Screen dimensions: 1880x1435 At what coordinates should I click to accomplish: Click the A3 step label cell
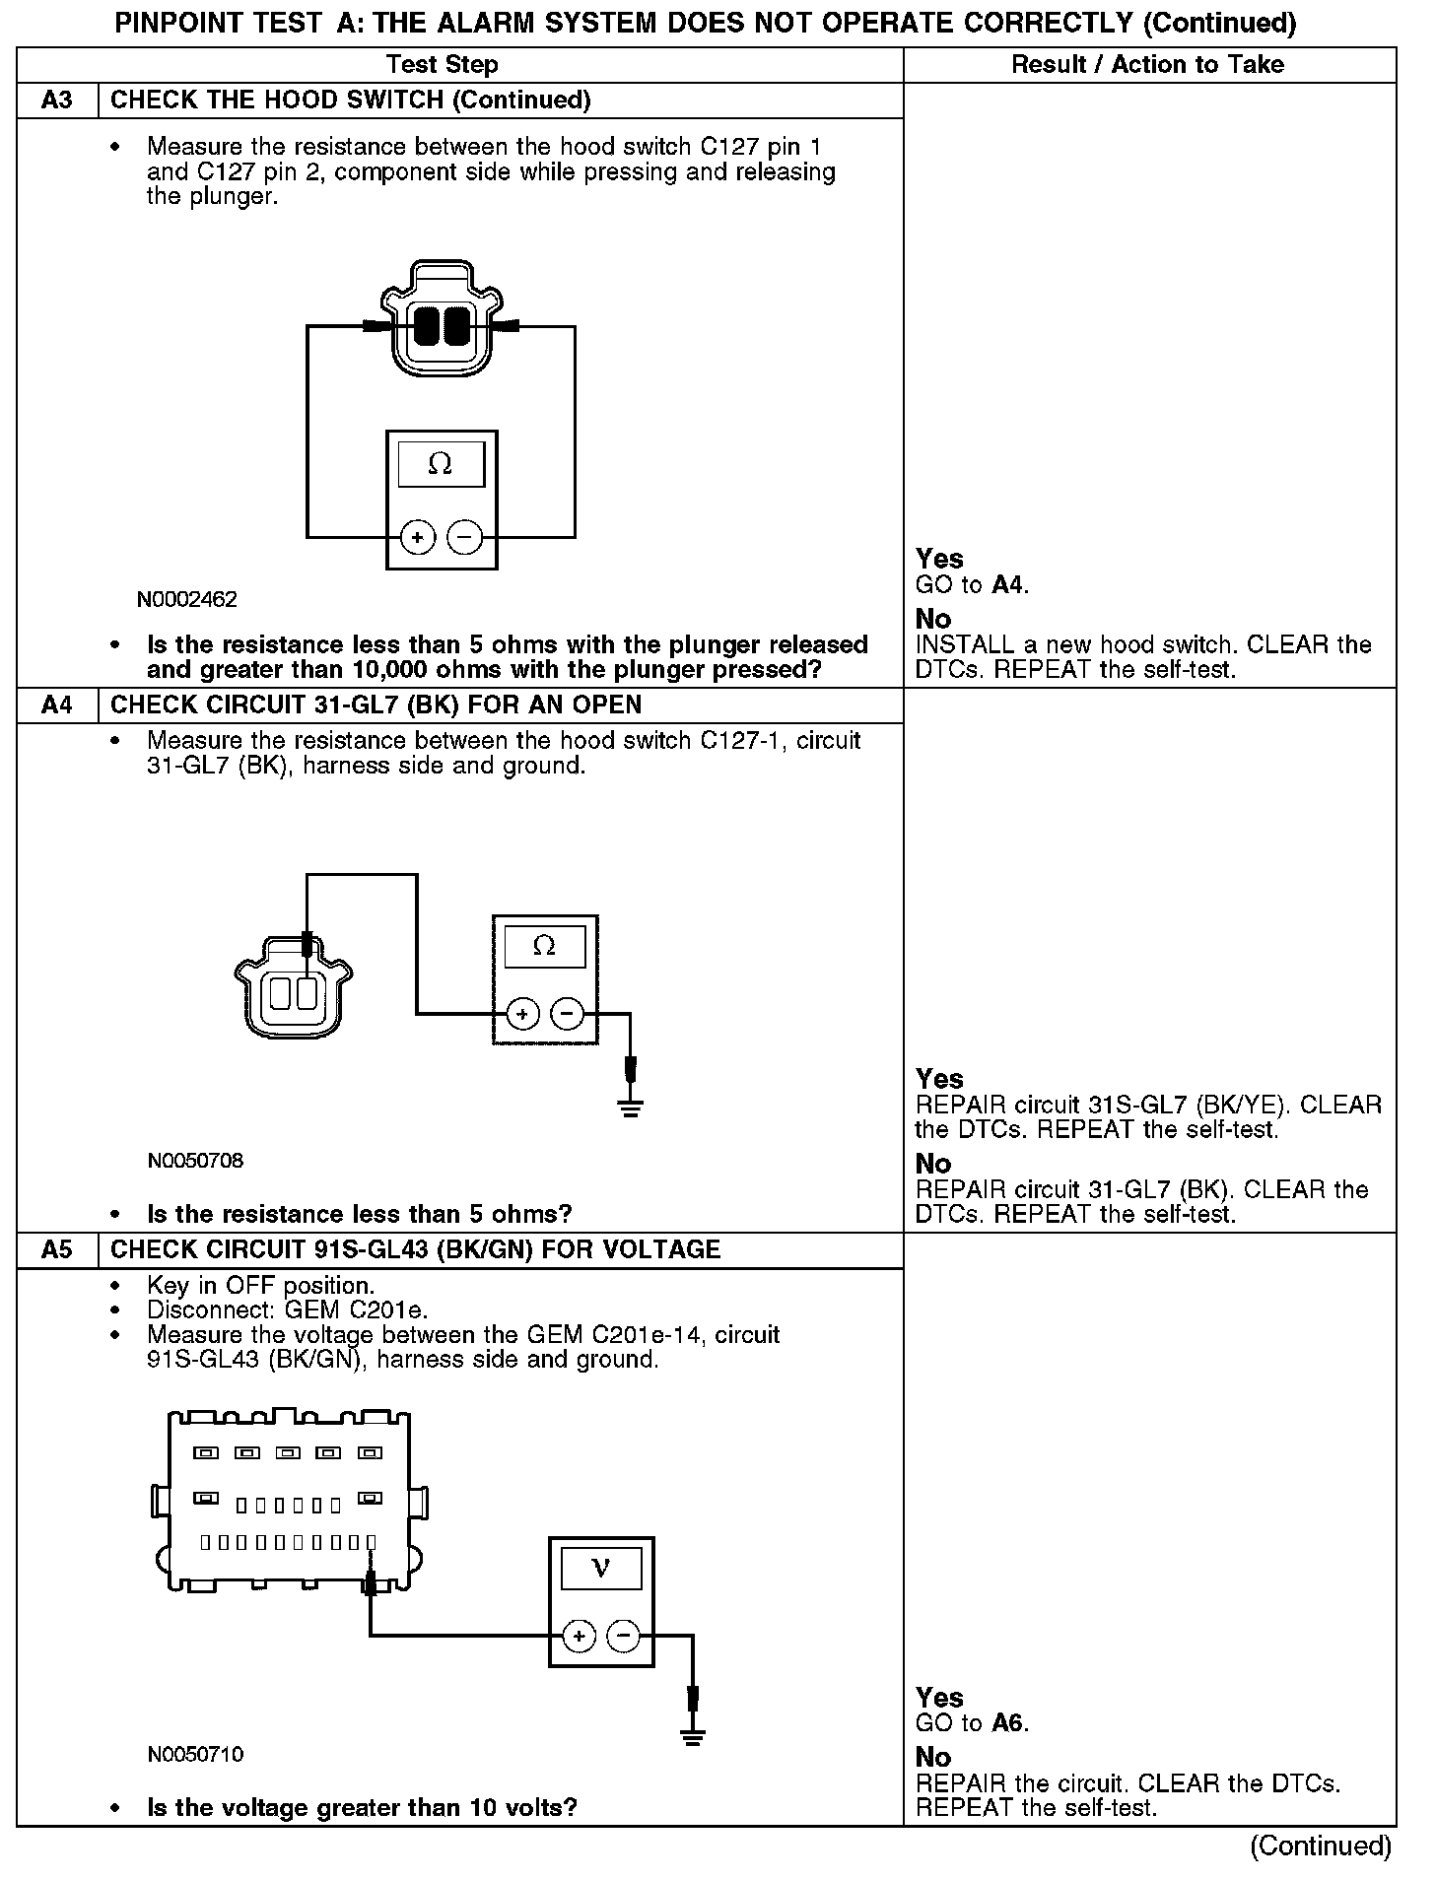(57, 101)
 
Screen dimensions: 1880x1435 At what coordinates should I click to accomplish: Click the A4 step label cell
(57, 705)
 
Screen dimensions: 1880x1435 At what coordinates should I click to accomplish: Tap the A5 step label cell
(57, 1250)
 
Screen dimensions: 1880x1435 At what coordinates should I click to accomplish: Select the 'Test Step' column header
(443, 65)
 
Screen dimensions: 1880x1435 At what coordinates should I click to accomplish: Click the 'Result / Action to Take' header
(1148, 65)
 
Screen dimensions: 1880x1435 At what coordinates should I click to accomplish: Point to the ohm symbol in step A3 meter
(441, 464)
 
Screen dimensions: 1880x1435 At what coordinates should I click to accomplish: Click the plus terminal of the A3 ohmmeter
(418, 538)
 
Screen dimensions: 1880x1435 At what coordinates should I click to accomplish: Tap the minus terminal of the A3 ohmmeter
(465, 538)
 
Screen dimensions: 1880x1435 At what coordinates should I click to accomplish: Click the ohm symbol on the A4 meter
(544, 947)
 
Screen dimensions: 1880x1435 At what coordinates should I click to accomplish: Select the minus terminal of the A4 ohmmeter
(567, 1013)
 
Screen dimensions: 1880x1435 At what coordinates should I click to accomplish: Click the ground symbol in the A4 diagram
(632, 1108)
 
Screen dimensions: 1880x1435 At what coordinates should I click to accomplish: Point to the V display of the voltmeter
(600, 1569)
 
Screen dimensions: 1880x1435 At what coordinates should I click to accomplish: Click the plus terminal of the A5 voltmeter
(579, 1637)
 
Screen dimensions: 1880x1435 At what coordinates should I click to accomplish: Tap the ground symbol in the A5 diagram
(694, 1736)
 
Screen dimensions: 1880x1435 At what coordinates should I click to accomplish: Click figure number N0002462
(187, 600)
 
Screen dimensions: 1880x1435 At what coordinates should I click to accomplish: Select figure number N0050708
(195, 1161)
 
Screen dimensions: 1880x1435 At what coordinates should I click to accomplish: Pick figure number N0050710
(195, 1755)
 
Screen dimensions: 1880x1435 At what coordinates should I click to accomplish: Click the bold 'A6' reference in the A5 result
(1008, 1723)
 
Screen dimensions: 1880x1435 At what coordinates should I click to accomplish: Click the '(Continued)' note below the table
(1321, 1846)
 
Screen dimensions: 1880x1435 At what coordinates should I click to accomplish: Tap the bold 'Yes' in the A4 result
(939, 1079)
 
